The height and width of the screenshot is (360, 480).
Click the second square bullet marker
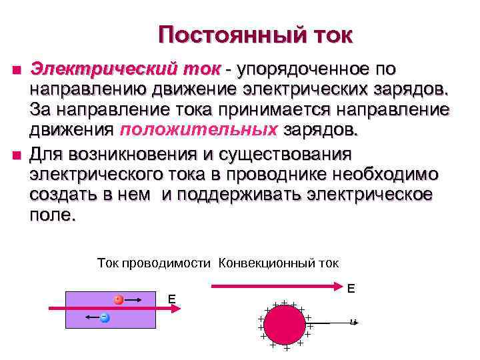click(x=16, y=156)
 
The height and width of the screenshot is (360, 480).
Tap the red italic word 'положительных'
click(x=199, y=129)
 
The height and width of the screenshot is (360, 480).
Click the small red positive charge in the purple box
click(x=118, y=300)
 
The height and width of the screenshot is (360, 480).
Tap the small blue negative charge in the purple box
click(x=105, y=317)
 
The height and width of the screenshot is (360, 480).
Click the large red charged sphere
click(x=284, y=325)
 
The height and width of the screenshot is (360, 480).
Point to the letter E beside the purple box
click(x=171, y=300)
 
